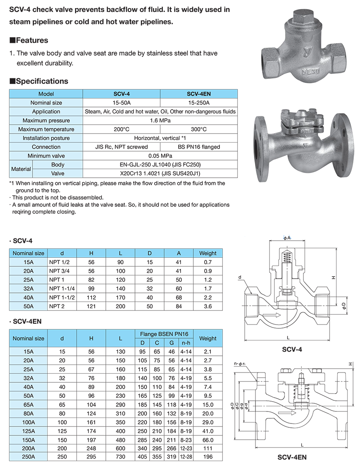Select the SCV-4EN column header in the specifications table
199,94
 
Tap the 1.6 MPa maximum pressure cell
160,120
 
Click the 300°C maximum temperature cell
199,129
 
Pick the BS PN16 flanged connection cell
199,147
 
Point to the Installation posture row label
46,138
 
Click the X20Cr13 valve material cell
160,173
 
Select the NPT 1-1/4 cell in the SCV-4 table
62,289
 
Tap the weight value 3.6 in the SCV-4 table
208,306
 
